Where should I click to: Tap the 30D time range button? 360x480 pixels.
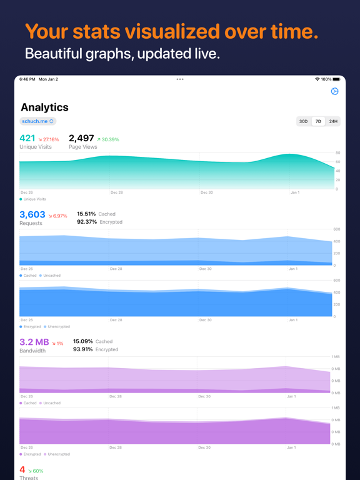pos(303,121)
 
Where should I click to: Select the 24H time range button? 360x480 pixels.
pos(333,121)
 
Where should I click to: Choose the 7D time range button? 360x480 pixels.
pos(318,121)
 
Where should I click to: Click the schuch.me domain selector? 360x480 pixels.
pos(38,121)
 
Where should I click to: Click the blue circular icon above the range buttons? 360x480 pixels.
pos(334,91)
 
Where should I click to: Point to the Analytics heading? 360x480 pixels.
pos(45,107)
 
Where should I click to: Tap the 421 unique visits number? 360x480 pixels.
pos(27,138)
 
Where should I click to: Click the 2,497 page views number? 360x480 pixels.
pos(81,138)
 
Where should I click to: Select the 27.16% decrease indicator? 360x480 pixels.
pos(49,139)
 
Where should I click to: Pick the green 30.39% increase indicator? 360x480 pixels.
pos(108,139)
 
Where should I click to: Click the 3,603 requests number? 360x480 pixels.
pos(32,214)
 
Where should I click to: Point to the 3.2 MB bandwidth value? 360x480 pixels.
pos(34,342)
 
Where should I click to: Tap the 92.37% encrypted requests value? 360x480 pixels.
pos(87,222)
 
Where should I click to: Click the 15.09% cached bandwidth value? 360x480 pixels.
pos(83,341)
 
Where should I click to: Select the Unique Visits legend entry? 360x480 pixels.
pos(32,199)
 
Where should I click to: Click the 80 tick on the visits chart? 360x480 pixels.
pos(337,152)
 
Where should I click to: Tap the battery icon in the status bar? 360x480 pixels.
pos(336,79)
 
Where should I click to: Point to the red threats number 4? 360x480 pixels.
pos(22,469)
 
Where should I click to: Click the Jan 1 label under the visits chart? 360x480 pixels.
pos(295,192)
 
